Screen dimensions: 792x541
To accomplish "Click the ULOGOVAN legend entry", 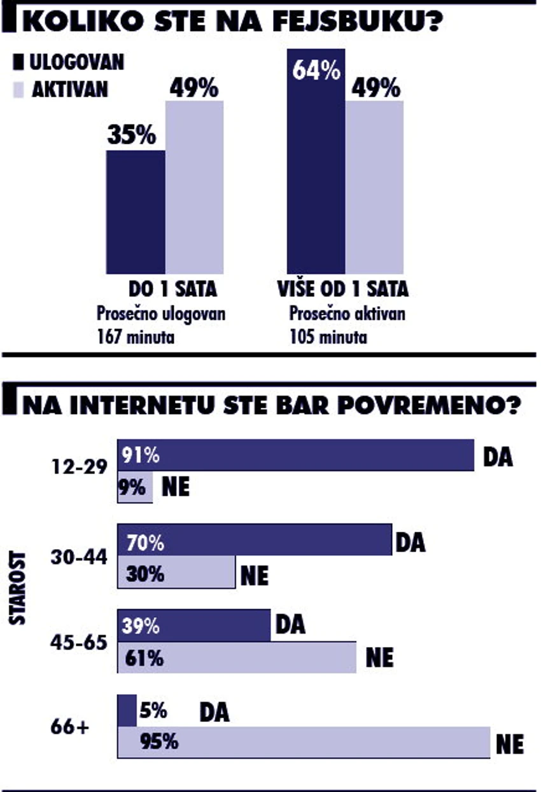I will coord(69,62).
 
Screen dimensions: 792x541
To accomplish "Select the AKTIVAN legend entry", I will coord(63,90).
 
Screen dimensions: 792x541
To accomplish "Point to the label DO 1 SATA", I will coord(172,289).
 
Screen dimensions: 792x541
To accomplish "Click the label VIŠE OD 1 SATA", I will coord(342,289).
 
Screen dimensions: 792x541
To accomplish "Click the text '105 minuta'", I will coord(328,337).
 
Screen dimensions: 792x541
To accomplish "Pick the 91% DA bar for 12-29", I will coord(296,455).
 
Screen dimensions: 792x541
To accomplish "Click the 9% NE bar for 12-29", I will coord(135,489).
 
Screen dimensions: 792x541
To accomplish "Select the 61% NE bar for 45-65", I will coord(237,658).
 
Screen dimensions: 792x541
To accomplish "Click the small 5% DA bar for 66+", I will coord(127,711).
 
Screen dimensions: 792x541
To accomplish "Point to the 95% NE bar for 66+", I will coord(304,742).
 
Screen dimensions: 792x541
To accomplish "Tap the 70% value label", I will coord(145,543).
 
